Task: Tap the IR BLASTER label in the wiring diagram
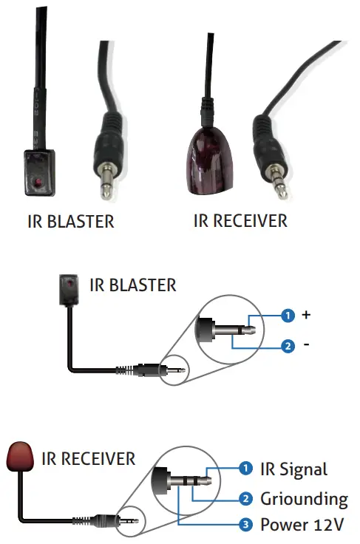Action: (133, 285)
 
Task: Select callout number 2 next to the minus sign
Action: (288, 345)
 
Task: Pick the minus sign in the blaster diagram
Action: (306, 345)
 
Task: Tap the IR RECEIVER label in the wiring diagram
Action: (89, 458)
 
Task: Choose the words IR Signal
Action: (293, 469)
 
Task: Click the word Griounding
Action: (304, 498)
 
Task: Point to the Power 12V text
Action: (302, 526)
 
